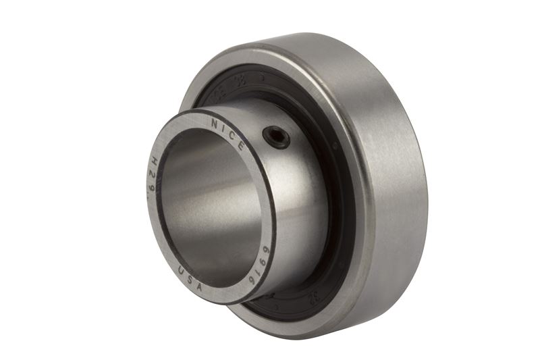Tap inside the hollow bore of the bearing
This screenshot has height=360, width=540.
[x=202, y=203]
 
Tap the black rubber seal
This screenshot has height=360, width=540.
[x=337, y=223]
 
